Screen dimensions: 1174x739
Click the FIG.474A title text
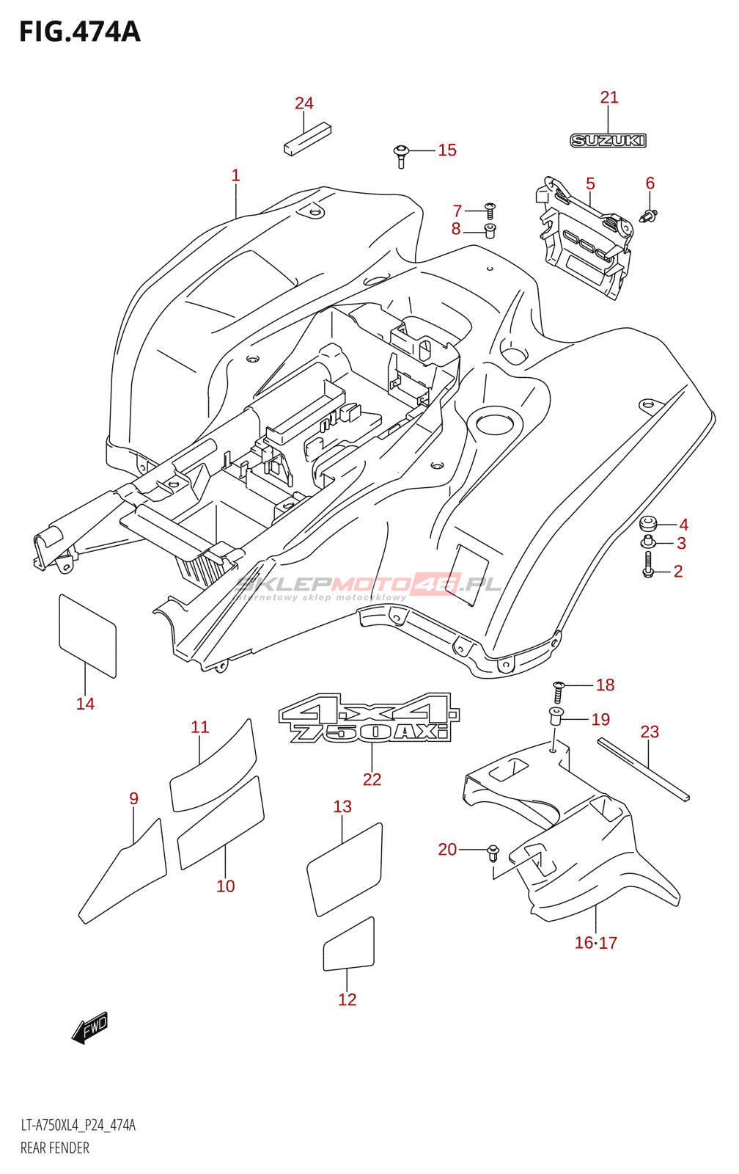coord(79,32)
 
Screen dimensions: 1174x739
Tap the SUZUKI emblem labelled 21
coord(608,140)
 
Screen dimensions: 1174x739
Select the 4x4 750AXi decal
coord(369,718)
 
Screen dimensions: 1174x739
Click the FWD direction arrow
coord(90,1028)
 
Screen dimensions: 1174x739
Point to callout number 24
coord(304,103)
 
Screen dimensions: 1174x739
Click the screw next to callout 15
coord(400,155)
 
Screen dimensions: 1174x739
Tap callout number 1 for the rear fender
coord(235,175)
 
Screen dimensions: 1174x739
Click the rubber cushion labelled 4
coord(648,523)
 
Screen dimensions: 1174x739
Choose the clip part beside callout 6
coord(650,216)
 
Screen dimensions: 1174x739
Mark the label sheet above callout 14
coord(87,635)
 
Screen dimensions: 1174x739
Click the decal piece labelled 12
coord(349,945)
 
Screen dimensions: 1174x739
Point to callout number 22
coord(372,779)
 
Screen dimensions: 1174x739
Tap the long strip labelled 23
coord(643,768)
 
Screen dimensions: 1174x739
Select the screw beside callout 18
coord(558,690)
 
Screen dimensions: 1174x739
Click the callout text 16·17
coord(595,943)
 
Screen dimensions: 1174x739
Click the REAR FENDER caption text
coord(55,1148)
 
